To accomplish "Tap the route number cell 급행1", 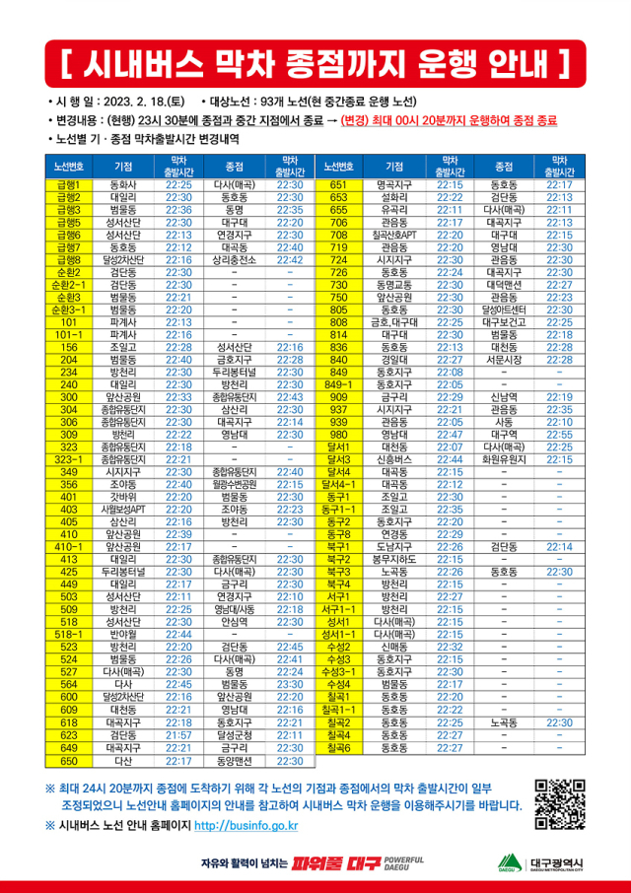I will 69,184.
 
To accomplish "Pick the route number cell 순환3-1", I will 69,309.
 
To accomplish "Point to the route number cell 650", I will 69,761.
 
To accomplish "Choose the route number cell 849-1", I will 339,384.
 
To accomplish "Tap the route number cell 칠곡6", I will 339,747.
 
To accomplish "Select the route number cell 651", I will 339,184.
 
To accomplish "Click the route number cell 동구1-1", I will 339,510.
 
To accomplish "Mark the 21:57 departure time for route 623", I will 178,734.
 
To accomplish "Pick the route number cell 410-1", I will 69,546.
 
